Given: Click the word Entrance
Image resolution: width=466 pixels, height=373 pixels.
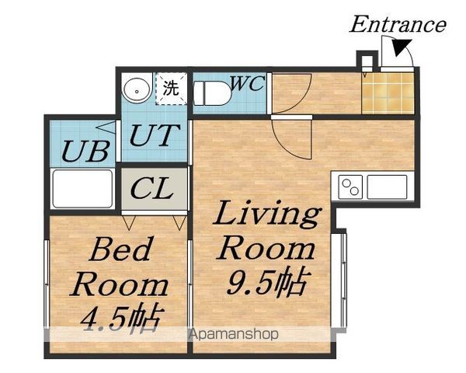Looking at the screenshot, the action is point(398,24).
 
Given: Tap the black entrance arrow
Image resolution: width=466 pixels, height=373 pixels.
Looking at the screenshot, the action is point(402,47).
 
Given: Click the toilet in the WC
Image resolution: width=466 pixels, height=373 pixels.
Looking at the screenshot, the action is point(212,92).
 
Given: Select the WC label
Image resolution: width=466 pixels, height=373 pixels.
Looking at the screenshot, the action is point(248,83).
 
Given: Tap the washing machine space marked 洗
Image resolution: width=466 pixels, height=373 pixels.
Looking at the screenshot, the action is point(172,89).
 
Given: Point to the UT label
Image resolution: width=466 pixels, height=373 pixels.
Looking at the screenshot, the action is point(155,135).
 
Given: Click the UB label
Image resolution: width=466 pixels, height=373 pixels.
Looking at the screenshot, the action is point(85,151).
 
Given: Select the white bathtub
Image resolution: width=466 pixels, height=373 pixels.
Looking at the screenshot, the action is point(82,188).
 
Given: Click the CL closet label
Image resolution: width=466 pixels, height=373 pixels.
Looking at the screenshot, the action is point(152,188).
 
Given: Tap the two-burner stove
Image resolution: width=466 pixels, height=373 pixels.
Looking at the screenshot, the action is point(351,187).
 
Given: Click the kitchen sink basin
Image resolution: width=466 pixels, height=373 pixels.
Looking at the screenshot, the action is point(387,187).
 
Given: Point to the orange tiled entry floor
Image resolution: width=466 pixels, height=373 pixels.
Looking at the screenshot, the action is point(388,93).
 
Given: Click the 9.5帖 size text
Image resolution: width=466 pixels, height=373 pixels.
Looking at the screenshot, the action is point(266,281).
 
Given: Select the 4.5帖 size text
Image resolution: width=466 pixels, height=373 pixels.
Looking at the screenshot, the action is point(123,319).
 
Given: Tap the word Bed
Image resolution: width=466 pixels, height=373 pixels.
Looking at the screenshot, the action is point(120,249).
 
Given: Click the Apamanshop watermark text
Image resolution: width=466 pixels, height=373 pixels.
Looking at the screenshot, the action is point(234,335).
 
